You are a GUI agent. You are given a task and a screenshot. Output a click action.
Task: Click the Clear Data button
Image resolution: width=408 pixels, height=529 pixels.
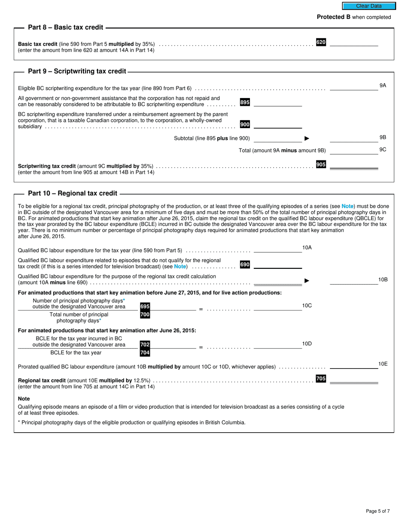tap(368, 6)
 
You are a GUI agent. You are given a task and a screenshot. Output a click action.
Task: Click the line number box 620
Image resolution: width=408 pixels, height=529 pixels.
tap(321, 42)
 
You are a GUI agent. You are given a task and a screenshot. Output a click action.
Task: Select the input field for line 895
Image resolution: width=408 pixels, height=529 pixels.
tap(277, 103)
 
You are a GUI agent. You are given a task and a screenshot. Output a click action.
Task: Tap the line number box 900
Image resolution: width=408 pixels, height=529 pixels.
tap(245, 124)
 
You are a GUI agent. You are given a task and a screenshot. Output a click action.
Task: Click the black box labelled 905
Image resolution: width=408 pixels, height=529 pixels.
tap(321, 165)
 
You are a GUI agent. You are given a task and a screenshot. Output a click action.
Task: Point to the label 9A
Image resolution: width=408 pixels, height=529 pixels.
tap(383, 86)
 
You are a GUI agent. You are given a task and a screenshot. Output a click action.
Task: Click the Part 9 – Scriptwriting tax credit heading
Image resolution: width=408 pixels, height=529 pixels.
tap(77, 71)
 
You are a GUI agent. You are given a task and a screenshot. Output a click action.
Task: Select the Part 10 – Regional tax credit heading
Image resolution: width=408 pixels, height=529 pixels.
tap(72, 194)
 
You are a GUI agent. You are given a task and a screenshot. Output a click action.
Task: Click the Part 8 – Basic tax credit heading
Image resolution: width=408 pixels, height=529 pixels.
tap(65, 28)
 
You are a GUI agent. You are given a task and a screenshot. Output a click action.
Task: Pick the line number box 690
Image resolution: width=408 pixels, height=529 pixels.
tap(245, 264)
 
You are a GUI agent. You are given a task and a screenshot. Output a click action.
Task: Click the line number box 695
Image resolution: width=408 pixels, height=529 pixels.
tap(145, 307)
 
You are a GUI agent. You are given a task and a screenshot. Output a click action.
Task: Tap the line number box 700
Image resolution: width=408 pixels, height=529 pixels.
tap(145, 315)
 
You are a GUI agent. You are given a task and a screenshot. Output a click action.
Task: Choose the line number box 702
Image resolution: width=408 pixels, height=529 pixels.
tap(145, 345)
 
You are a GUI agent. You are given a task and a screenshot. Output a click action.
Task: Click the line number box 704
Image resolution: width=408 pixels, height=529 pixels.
tap(145, 353)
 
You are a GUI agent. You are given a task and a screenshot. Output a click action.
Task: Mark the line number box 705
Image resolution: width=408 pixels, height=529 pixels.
tap(321, 378)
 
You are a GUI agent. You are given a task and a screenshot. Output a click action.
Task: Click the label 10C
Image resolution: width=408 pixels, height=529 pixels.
tap(307, 305)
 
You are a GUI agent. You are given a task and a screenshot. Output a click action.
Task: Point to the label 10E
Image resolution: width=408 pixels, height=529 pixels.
tap(383, 364)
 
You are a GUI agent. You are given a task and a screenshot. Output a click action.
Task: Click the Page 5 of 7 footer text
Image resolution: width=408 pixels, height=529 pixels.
tap(378, 511)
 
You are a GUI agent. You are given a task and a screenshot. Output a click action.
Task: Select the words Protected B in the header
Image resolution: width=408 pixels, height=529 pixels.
tap(334, 17)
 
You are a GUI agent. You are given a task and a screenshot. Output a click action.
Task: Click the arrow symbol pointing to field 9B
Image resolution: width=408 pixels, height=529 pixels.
tap(307, 138)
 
